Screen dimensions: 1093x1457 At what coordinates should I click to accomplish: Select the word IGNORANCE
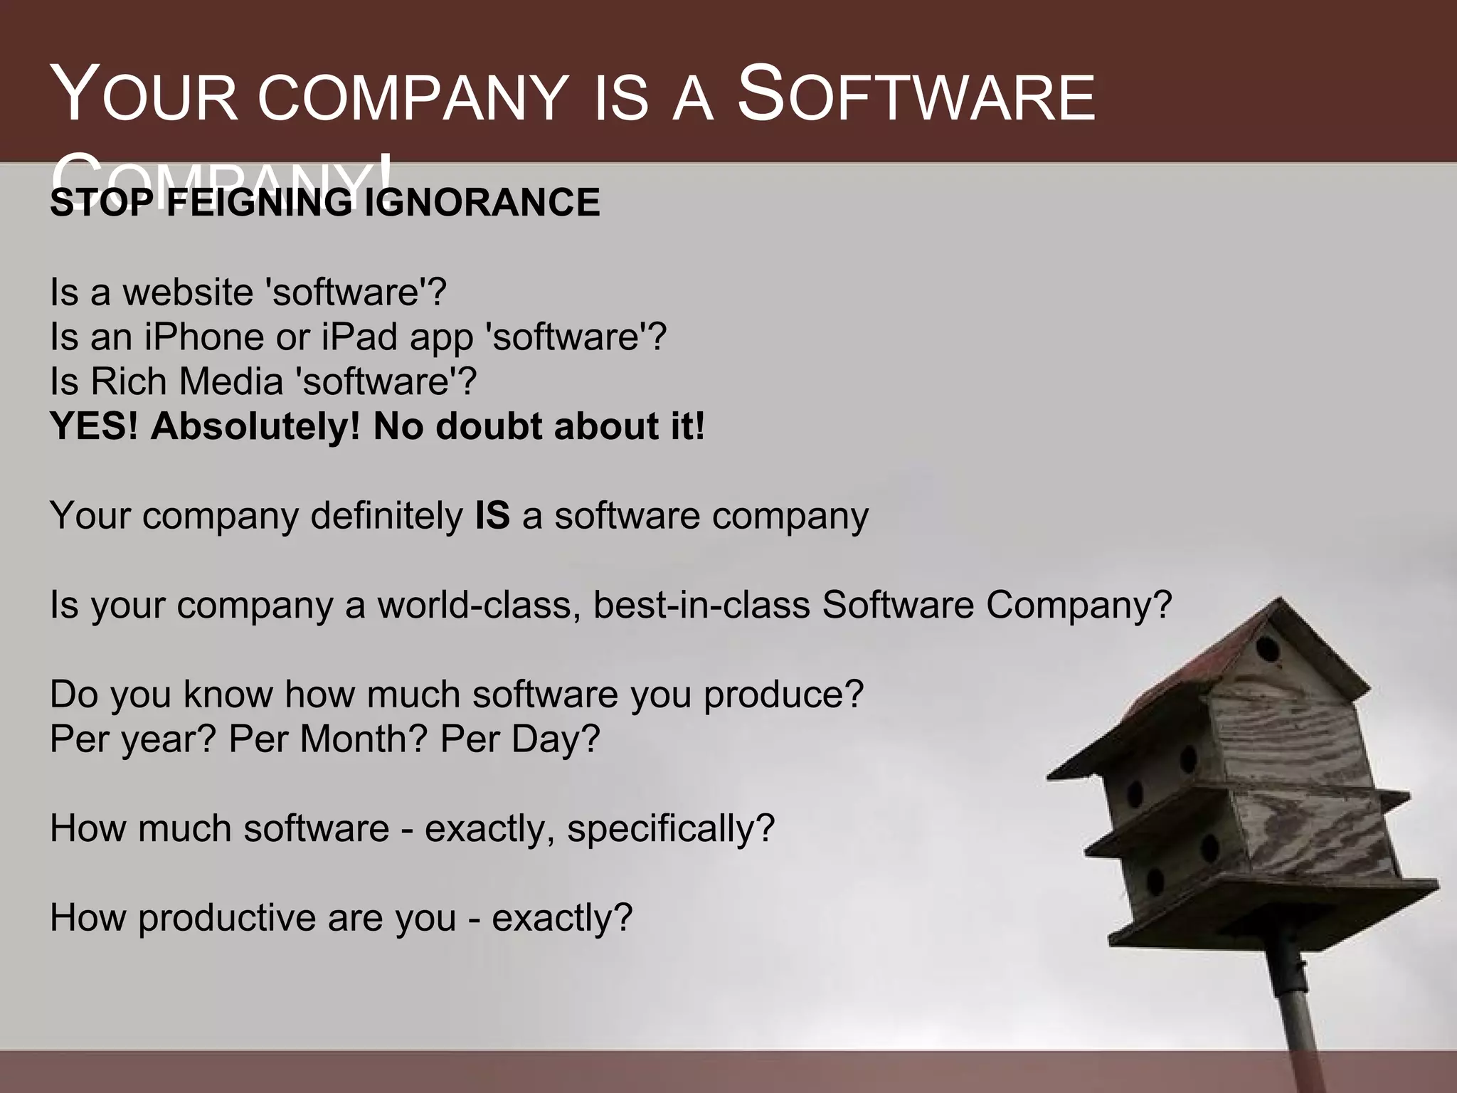pos(482,203)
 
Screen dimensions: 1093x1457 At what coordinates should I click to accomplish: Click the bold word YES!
pos(95,426)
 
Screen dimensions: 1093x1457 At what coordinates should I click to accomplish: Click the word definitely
pos(386,515)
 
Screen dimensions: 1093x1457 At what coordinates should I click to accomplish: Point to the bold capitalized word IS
pos(492,515)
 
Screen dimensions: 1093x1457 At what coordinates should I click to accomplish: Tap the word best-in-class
pos(701,605)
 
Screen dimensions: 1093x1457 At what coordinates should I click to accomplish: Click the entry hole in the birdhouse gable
pos(1267,649)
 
